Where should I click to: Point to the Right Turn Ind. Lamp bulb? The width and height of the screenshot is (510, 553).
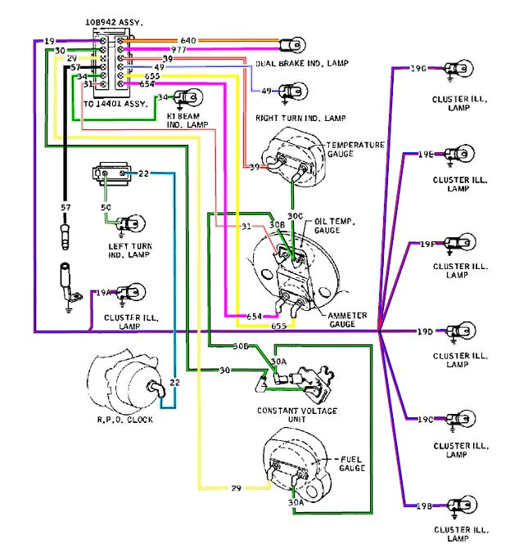tap(288, 91)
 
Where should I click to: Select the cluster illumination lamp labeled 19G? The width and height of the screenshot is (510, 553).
tap(456, 69)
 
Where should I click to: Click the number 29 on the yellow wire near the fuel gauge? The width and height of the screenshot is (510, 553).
tap(236, 488)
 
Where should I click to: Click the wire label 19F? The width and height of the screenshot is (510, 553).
tap(425, 244)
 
